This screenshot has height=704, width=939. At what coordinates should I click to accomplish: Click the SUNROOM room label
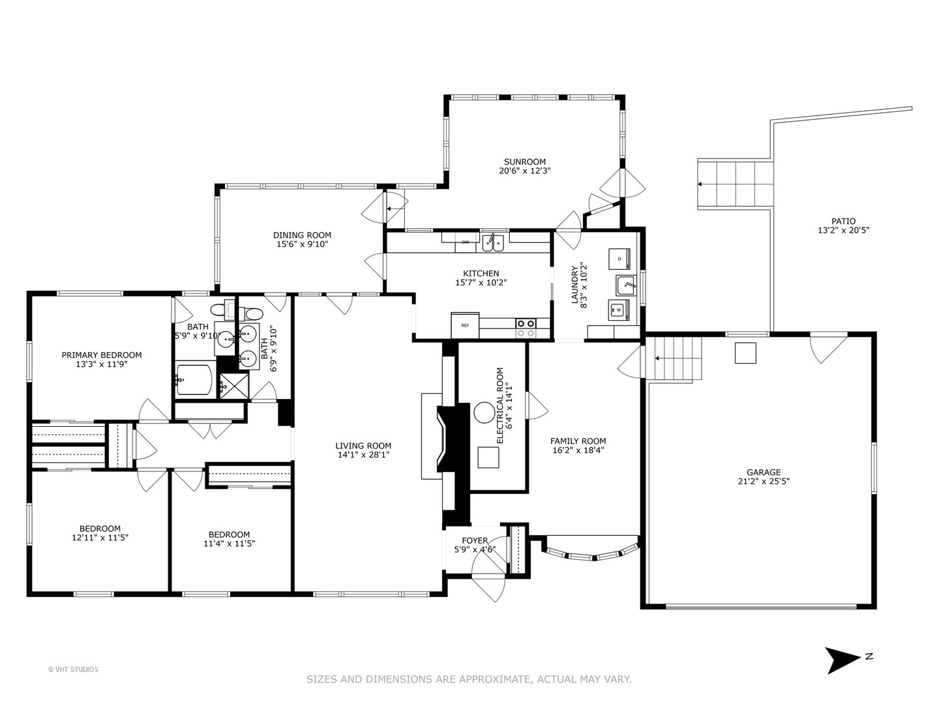pyautogui.click(x=524, y=162)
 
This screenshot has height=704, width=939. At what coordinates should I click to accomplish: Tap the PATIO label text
pyautogui.click(x=843, y=221)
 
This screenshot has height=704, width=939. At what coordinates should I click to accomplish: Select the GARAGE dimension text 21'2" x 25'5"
pyautogui.click(x=764, y=482)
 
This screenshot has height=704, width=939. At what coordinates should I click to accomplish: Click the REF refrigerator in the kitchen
pyautogui.click(x=465, y=325)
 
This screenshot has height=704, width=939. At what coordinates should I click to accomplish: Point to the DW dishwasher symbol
pyautogui.click(x=466, y=242)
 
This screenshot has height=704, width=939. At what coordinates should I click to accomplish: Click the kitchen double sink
pyautogui.click(x=493, y=244)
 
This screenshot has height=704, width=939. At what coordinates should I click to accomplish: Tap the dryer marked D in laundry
pyautogui.click(x=619, y=258)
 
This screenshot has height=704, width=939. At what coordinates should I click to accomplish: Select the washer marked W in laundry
pyautogui.click(x=618, y=311)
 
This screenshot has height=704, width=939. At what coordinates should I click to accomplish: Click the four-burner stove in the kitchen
pyautogui.click(x=526, y=328)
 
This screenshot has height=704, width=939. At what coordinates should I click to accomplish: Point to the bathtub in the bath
pyautogui.click(x=194, y=380)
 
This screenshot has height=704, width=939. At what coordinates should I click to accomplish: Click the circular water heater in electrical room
pyautogui.click(x=484, y=413)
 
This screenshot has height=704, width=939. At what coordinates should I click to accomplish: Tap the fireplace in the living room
pyautogui.click(x=451, y=437)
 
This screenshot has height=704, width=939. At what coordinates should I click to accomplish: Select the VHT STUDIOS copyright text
pyautogui.click(x=73, y=669)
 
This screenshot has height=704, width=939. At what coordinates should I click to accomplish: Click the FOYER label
pyautogui.click(x=475, y=540)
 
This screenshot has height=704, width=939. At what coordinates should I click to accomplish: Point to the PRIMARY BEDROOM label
pyautogui.click(x=101, y=355)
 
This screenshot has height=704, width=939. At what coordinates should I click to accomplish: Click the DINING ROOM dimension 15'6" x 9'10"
pyautogui.click(x=302, y=244)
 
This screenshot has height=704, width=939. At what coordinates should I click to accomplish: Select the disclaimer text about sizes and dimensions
pyautogui.click(x=469, y=679)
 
